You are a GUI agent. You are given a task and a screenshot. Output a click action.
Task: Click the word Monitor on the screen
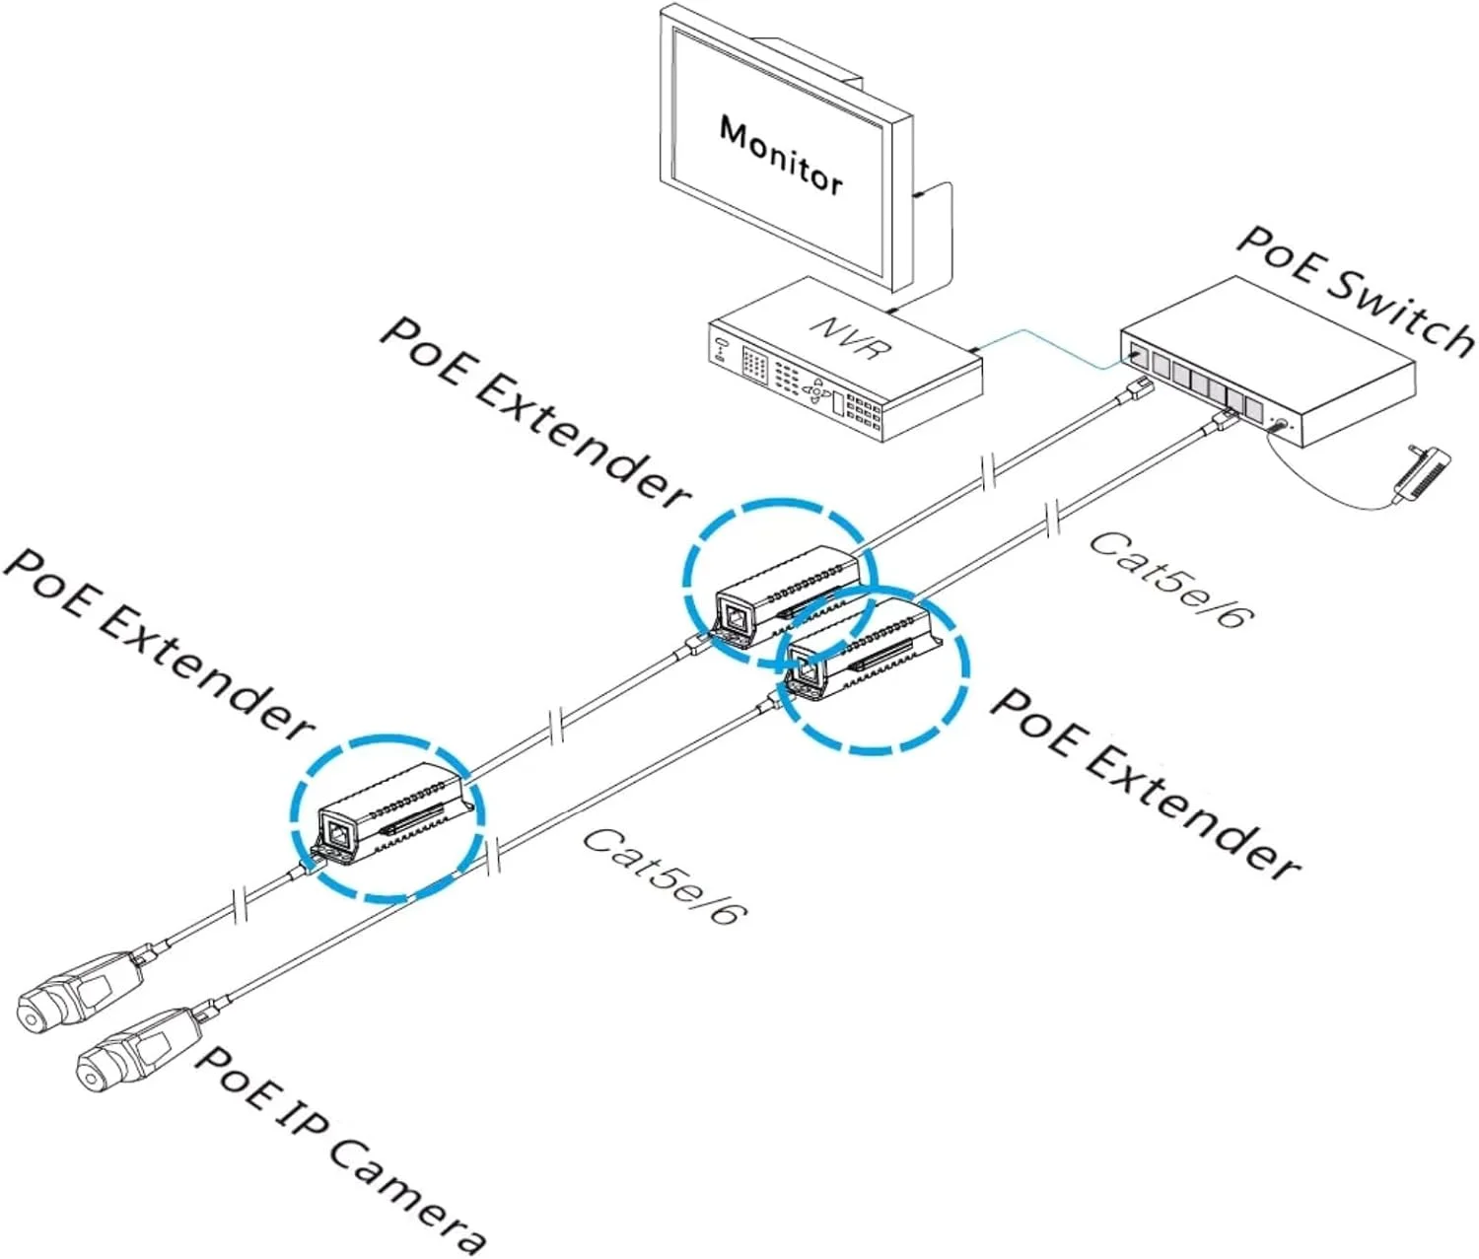pos(781,156)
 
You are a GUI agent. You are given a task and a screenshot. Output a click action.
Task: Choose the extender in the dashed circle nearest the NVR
pos(785,593)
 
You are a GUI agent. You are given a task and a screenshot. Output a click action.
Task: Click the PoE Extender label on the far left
pos(158,641)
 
